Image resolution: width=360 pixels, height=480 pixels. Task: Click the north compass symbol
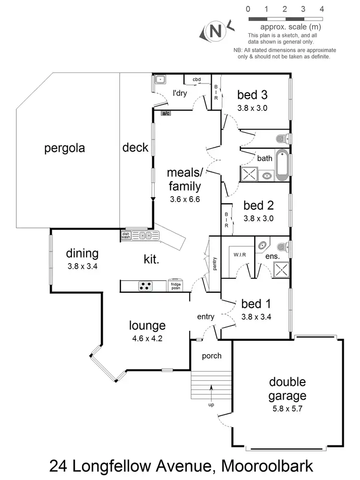216,31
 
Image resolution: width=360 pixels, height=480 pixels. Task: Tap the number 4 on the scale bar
322,9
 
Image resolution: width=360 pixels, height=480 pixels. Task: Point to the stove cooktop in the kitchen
145,286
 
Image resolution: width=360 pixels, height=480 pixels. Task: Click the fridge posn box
176,286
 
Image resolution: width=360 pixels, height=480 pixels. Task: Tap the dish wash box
126,235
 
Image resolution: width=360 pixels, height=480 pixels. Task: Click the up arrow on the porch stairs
211,391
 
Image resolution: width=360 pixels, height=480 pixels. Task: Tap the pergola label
64,148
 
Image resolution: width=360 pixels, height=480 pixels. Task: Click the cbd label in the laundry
197,79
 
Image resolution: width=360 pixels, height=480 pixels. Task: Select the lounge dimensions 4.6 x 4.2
147,337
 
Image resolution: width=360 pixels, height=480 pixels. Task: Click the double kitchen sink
146,235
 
